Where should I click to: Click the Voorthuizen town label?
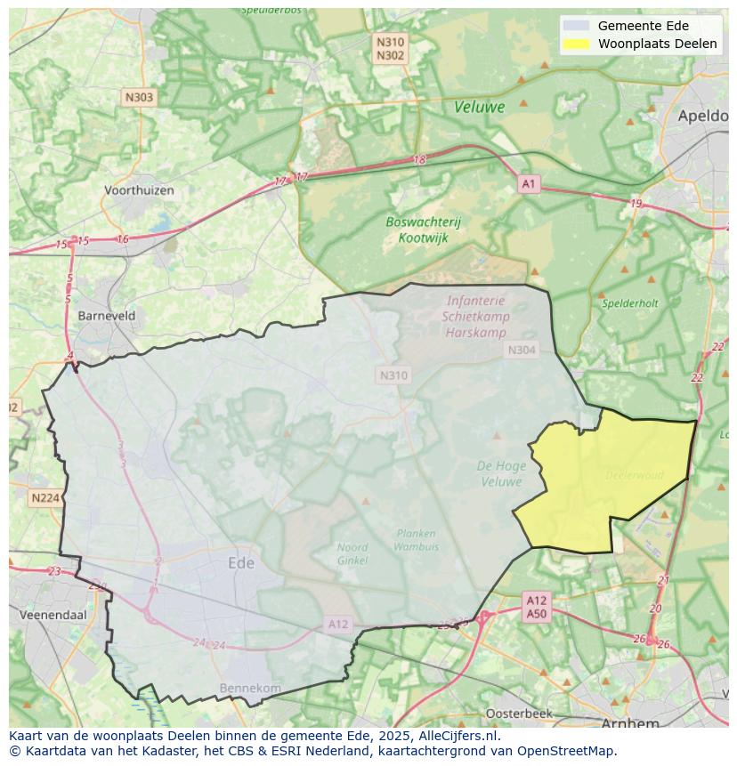[x=139, y=190]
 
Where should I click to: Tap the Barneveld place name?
[x=107, y=315]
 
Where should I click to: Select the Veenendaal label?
[x=56, y=615]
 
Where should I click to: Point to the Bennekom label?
[x=250, y=688]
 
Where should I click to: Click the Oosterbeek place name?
[x=519, y=713]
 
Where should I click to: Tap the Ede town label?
[x=241, y=563]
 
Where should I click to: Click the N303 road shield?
[x=139, y=98]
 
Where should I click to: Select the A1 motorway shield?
[x=530, y=183]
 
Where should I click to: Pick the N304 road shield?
[x=522, y=350]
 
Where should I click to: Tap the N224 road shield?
[x=44, y=498]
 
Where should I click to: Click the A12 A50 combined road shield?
[x=536, y=607]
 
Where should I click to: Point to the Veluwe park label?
[x=479, y=107]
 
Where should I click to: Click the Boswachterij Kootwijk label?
[x=423, y=230]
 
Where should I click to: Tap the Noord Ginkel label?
[x=352, y=553]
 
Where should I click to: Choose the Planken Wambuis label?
[x=416, y=539]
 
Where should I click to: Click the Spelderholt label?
[x=630, y=303]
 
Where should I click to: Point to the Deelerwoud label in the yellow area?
[x=634, y=475]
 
